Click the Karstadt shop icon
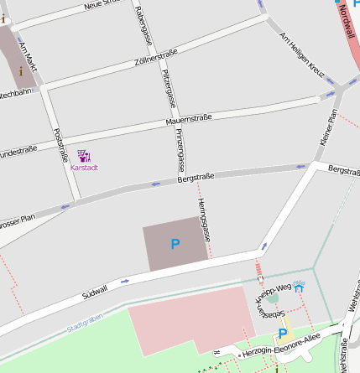(84, 156)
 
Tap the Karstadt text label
(84, 168)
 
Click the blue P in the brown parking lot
(175, 245)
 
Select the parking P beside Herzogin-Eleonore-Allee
(283, 334)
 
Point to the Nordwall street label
(347, 20)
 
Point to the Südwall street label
(95, 292)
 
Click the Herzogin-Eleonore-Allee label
(279, 346)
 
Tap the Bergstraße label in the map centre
(197, 177)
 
